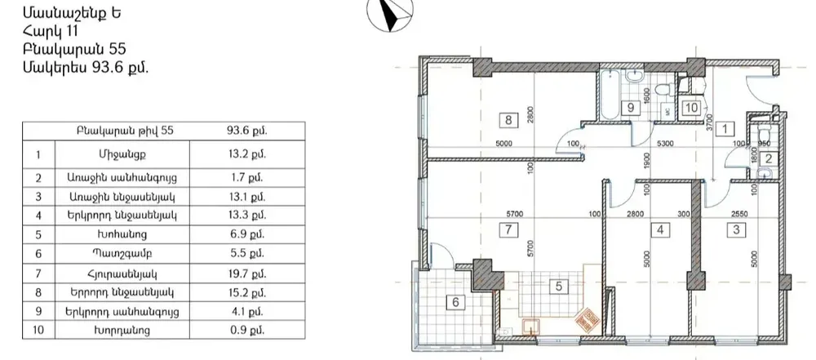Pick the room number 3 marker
[738, 229]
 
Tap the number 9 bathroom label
[631, 107]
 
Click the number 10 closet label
[690, 106]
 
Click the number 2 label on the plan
[768, 159]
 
